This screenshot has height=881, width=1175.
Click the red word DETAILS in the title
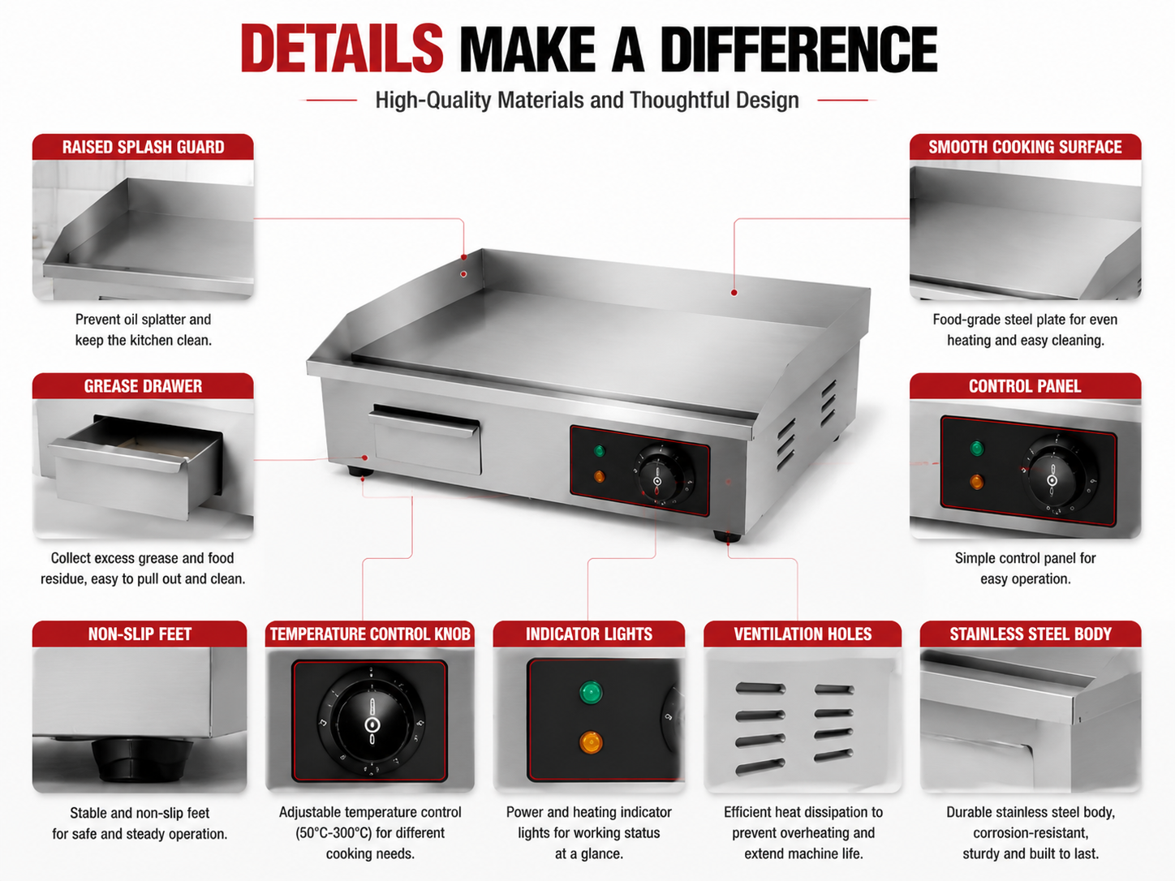342,48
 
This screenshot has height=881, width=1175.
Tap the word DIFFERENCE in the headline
798,48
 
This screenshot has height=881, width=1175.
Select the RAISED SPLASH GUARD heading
143,147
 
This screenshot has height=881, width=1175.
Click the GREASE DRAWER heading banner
143,385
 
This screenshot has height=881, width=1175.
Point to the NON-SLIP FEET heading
140,634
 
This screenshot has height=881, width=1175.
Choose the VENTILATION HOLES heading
803,634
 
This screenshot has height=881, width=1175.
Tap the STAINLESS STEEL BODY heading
1031,634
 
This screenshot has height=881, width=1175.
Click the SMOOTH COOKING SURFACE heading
1025,147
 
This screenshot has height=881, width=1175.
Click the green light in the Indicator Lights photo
591,692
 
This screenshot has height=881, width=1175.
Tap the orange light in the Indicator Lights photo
591,742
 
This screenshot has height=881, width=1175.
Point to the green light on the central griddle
600,451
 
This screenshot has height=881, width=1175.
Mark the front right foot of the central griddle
726,536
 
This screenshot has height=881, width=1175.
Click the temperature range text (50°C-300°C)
370,833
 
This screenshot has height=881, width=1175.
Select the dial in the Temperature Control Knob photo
371,722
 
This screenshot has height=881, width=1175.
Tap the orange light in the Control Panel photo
977,482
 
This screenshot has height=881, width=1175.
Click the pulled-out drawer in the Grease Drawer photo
136,466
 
